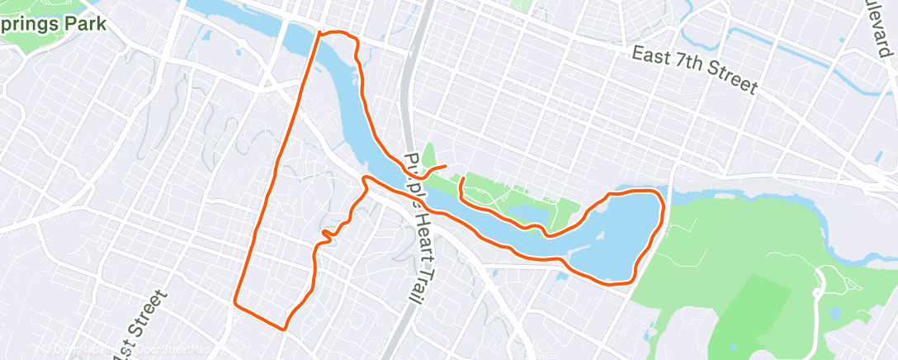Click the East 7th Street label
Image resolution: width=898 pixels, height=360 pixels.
tap(693, 69)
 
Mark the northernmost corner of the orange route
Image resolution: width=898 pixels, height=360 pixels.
tap(319, 33)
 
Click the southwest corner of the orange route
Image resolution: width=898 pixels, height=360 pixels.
tap(236, 303)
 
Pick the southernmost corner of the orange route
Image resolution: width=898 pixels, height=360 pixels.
tap(285, 329)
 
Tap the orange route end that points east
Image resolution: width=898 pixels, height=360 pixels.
tap(446, 167)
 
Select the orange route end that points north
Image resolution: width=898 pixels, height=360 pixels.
tap(462, 178)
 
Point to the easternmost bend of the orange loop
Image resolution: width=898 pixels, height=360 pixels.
tap(664, 206)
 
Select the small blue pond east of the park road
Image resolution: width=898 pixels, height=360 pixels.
tap(834, 312)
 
